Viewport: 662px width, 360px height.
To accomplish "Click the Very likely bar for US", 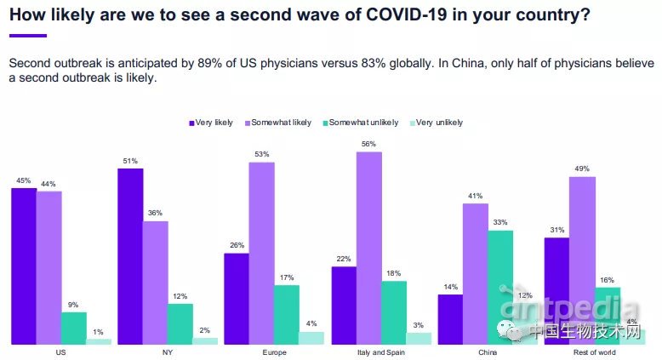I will coord(24,266).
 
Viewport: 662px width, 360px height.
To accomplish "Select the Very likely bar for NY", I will coord(130,256).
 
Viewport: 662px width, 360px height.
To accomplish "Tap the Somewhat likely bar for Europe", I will coord(262,253).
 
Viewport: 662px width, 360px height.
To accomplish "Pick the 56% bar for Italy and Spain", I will coord(368,248).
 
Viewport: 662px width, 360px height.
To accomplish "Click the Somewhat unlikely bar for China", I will coord(500,287).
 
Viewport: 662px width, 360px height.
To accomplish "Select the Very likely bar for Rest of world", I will coord(556,290).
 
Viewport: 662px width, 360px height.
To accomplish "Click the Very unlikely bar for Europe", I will coord(311,338).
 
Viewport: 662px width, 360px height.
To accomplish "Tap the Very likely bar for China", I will coord(450,319).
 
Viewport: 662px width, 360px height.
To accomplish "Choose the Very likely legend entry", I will coord(211,123).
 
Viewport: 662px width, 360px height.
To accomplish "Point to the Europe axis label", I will coord(274,351).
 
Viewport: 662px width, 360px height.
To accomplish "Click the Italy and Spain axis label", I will coord(380,351).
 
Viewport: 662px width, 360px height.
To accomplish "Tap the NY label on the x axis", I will coord(168,351).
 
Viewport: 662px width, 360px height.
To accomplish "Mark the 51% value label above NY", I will coord(130,161).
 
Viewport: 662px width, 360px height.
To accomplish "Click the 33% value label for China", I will coord(500,223).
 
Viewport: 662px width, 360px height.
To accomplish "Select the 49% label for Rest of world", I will coord(582,169).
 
